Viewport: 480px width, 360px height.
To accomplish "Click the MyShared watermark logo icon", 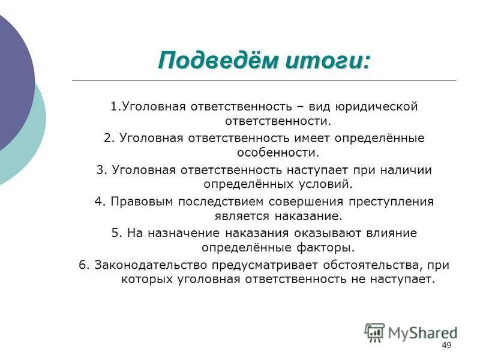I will pyautogui.click(x=374, y=332).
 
